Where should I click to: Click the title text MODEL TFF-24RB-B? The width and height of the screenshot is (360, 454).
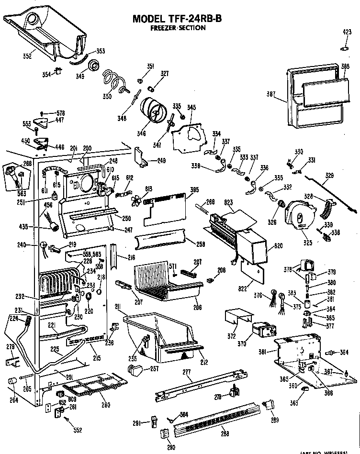tap(177, 19)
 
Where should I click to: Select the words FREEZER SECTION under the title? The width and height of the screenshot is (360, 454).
tap(178, 28)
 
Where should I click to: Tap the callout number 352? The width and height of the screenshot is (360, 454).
tap(27, 56)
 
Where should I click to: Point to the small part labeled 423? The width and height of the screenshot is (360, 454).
tap(345, 48)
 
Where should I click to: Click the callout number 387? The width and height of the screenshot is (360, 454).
tap(271, 94)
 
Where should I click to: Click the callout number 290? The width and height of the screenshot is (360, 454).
tap(171, 447)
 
